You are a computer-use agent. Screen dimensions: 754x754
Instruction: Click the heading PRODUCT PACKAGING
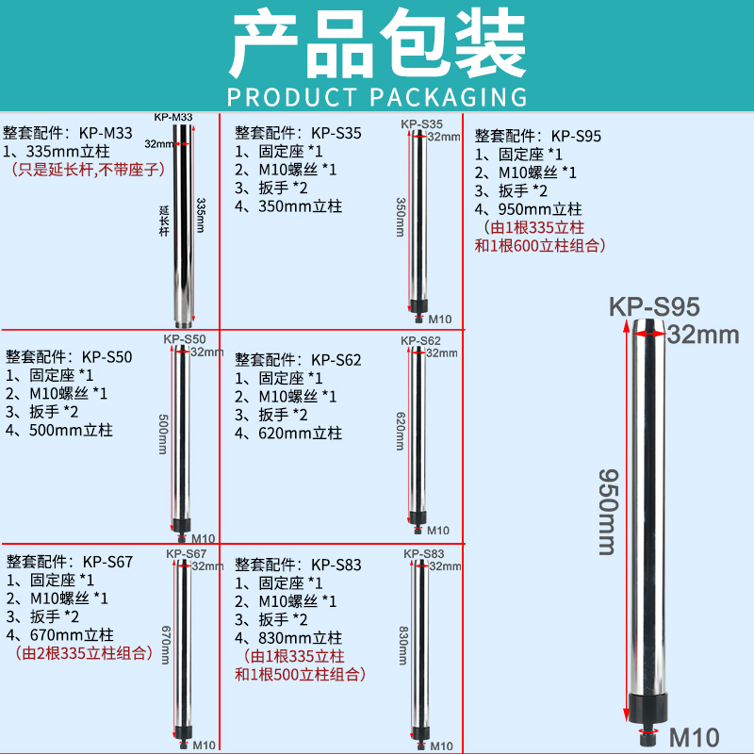pyautogui.click(x=377, y=97)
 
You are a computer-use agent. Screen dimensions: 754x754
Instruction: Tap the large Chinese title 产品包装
pyautogui.click(x=378, y=43)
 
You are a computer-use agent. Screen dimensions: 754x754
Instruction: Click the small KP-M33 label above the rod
pyautogui.click(x=173, y=117)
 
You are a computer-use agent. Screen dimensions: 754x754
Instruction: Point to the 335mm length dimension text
pyautogui.click(x=201, y=216)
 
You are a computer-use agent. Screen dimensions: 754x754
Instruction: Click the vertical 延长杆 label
pyautogui.click(x=164, y=221)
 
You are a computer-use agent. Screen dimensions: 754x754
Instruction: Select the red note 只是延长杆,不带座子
pyautogui.click(x=89, y=170)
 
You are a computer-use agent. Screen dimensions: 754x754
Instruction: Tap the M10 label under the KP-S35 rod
pyautogui.click(x=440, y=319)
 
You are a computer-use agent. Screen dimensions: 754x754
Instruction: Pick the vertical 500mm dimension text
pyautogui.click(x=163, y=434)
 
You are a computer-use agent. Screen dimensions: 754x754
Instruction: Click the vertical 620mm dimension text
pyautogui.click(x=401, y=432)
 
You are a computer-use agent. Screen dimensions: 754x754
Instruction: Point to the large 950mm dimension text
pyautogui.click(x=608, y=512)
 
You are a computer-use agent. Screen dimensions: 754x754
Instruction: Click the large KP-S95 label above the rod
pyautogui.click(x=654, y=307)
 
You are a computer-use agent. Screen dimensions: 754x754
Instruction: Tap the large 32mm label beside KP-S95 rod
pyautogui.click(x=703, y=335)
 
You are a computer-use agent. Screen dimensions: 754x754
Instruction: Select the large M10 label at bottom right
pyautogui.click(x=695, y=737)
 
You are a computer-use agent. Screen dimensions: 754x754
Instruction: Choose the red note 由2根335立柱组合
pyautogui.click(x=83, y=653)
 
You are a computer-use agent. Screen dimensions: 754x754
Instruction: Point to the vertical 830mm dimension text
pyautogui.click(x=403, y=646)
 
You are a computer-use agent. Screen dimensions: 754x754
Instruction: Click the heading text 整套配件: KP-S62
pyautogui.click(x=298, y=360)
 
